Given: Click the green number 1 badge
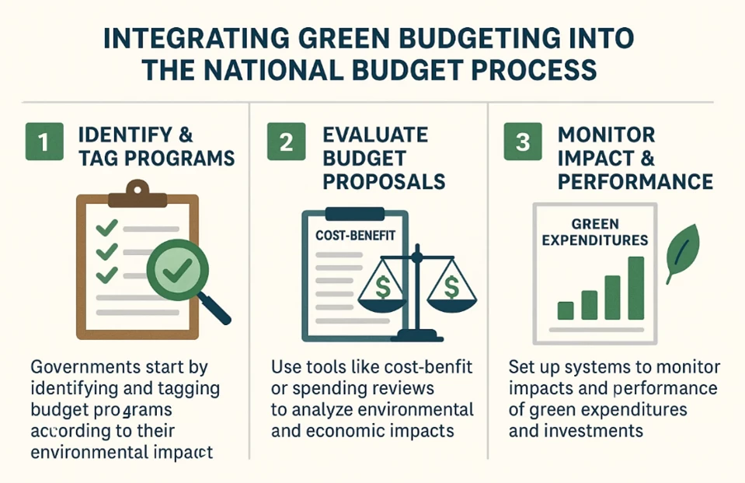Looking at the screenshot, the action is coord(44,142).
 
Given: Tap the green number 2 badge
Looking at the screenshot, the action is coord(286,142).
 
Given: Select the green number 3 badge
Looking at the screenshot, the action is coord(523,142).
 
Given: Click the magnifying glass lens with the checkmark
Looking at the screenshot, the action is coord(178,271).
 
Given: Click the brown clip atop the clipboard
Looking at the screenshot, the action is coord(138,194).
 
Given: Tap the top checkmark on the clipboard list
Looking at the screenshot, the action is coord(106,227).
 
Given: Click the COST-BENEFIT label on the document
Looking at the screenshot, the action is coord(355,235).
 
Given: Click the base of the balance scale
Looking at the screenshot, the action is coord(416,336).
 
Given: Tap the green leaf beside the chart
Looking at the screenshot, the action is coord(682,253).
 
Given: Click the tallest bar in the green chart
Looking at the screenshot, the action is coord(635,288).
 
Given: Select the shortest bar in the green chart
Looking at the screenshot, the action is coord(566,311).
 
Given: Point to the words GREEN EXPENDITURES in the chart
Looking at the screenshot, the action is coord(595,232).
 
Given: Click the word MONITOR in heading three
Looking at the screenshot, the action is coord(606,135).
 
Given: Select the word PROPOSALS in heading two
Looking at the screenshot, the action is coord(384,182).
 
